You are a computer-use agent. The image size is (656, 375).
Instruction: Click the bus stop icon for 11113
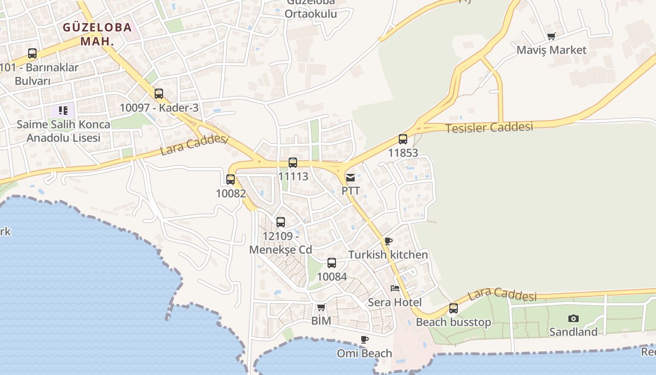click(x=293, y=163)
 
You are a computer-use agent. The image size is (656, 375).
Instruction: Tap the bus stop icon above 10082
click(x=231, y=179)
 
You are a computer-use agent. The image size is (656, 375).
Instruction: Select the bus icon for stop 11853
click(x=403, y=139)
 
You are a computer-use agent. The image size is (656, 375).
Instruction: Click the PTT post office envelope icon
click(x=350, y=178)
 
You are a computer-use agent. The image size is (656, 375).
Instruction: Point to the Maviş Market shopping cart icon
click(x=552, y=36)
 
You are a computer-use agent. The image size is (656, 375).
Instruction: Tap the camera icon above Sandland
click(x=573, y=319)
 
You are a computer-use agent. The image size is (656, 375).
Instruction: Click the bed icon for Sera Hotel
click(x=395, y=288)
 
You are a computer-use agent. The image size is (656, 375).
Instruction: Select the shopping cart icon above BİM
click(x=321, y=307)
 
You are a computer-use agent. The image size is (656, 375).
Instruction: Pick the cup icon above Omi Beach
click(x=365, y=339)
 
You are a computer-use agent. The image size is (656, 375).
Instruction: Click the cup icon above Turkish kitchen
click(x=388, y=241)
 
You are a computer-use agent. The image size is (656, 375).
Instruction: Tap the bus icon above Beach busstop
click(x=454, y=308)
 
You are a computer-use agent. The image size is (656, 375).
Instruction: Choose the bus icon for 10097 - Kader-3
click(x=159, y=94)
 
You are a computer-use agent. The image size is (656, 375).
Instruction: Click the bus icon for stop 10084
click(x=332, y=263)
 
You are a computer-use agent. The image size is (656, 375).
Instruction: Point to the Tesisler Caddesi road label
click(x=489, y=127)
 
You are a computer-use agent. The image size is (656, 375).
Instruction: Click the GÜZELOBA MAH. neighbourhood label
click(x=97, y=34)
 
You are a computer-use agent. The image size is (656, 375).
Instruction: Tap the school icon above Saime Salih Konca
click(x=63, y=111)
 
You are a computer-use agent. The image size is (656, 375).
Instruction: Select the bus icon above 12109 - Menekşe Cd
click(x=281, y=222)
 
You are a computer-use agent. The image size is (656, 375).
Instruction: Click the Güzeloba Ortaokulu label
click(x=311, y=10)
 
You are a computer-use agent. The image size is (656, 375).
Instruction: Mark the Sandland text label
click(x=573, y=332)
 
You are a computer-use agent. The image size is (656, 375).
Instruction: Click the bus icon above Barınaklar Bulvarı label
click(x=32, y=53)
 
